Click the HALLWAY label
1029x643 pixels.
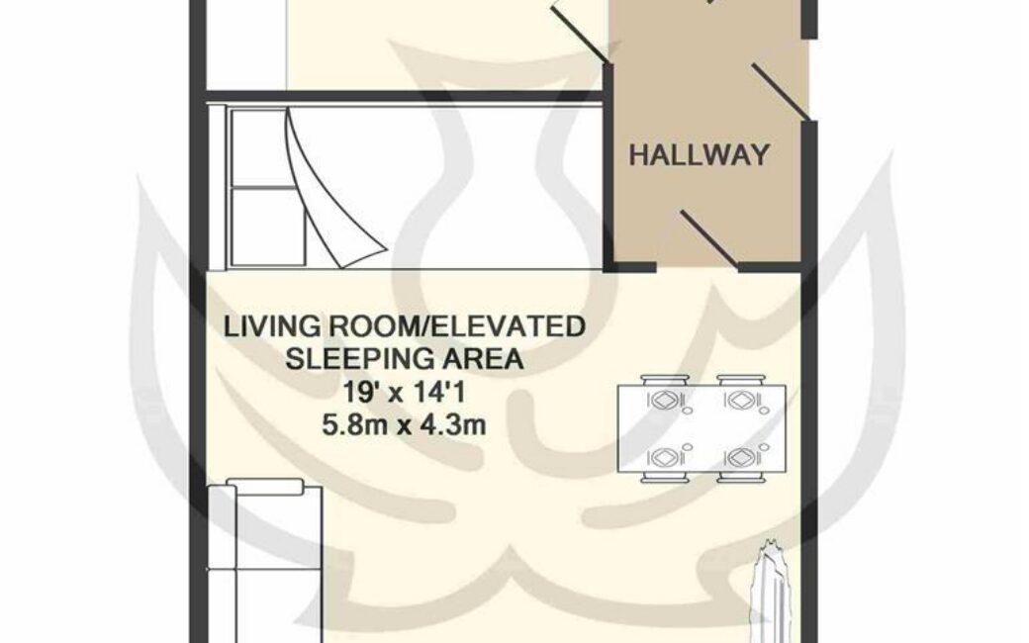click(699, 155)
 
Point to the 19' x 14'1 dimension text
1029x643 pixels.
click(405, 393)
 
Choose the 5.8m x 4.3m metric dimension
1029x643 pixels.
click(405, 425)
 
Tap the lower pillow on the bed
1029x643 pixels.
click(267, 227)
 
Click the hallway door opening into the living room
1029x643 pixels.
click(712, 239)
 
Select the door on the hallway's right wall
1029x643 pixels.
click(783, 92)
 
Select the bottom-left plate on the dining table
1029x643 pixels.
click(664, 456)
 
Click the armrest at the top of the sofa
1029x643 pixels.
click(265, 486)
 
